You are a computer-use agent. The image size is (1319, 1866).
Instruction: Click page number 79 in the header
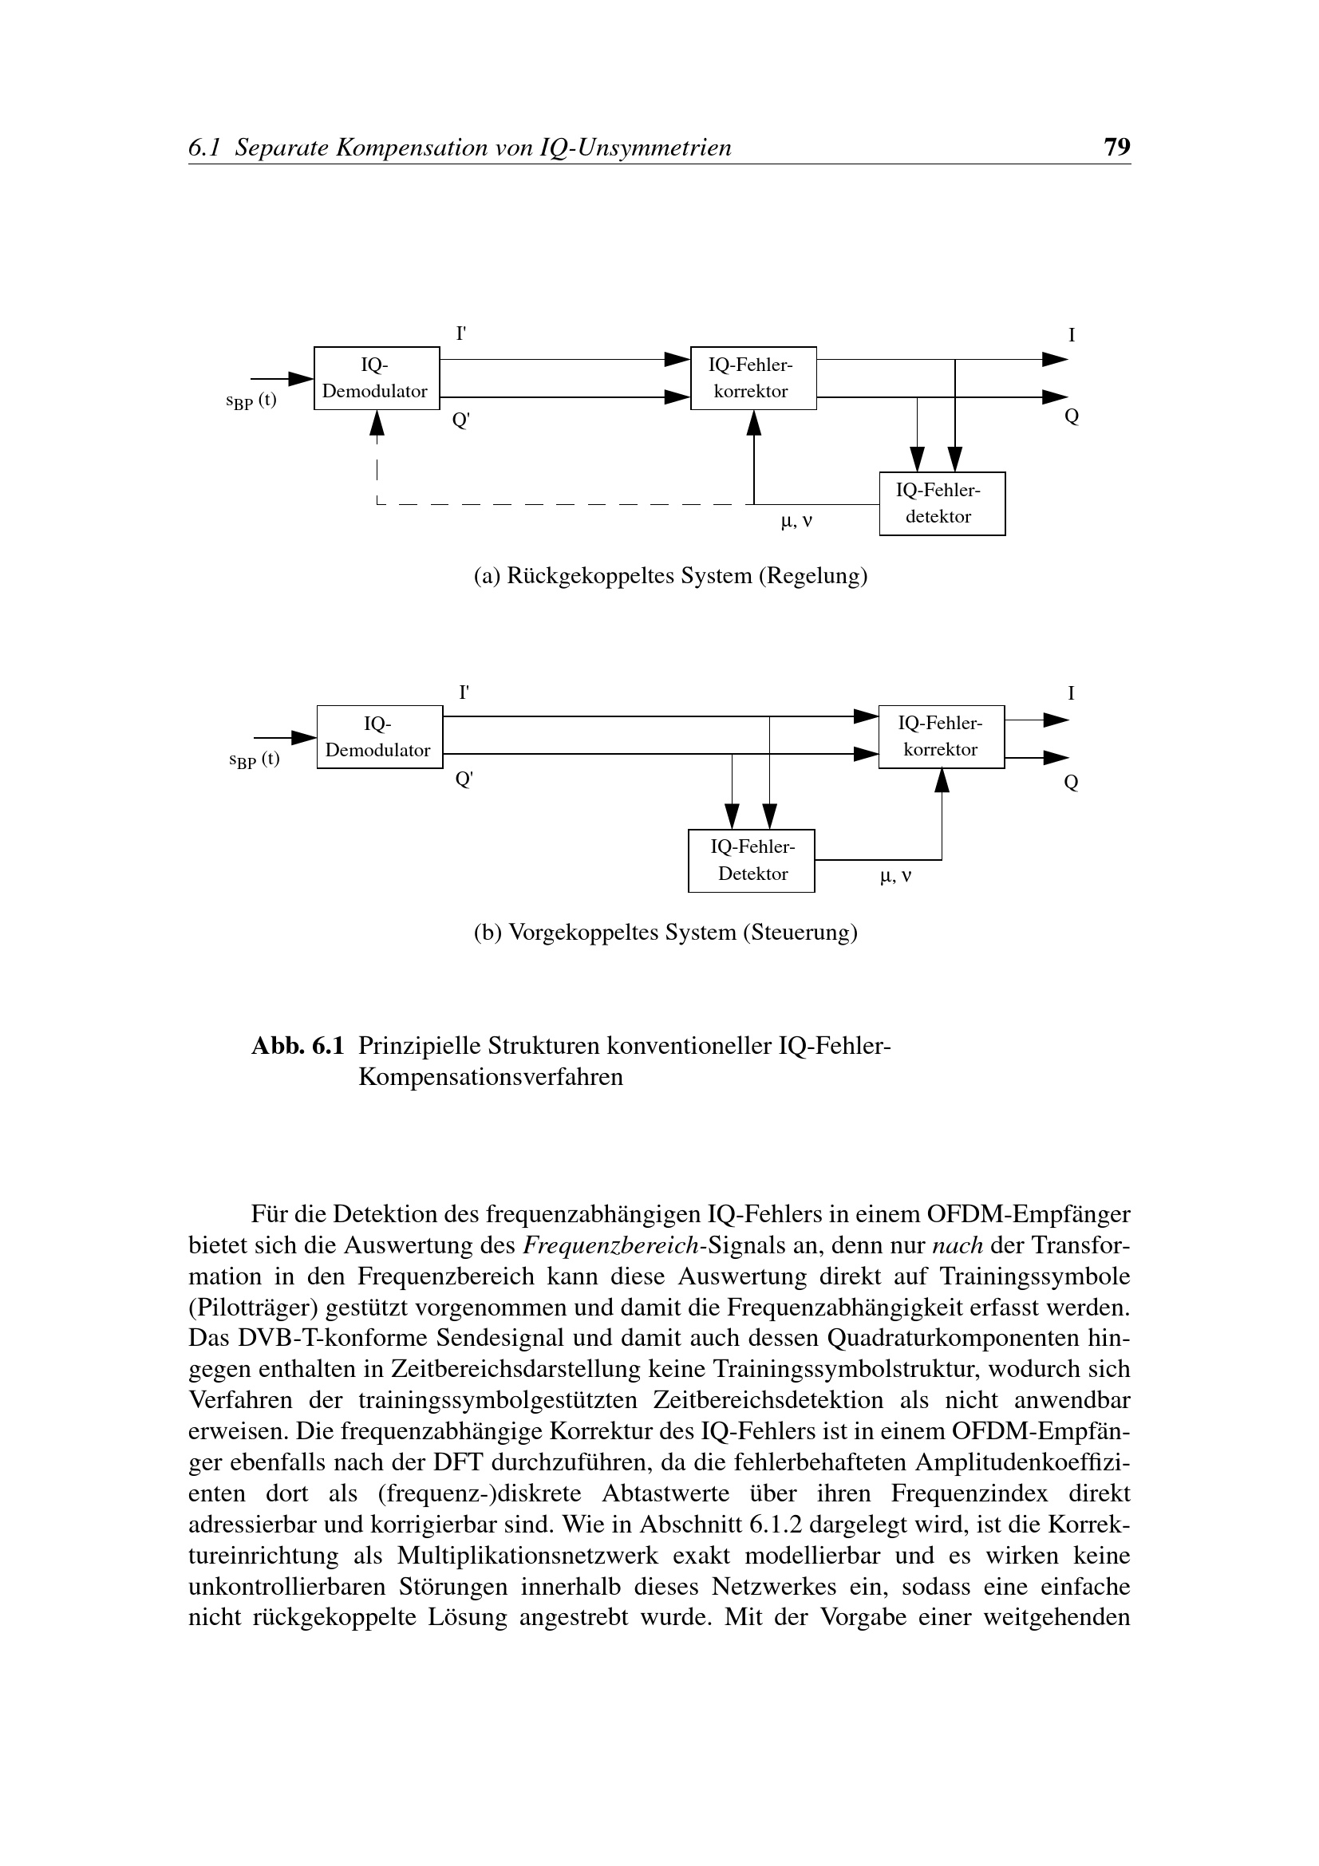click(1116, 147)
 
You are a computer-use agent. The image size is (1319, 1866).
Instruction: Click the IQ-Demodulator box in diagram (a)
click(377, 378)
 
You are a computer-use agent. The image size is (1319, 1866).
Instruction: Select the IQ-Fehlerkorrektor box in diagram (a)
click(752, 378)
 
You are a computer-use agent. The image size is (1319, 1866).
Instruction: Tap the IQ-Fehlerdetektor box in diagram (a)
click(941, 503)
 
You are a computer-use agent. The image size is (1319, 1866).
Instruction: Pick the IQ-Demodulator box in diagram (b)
click(379, 736)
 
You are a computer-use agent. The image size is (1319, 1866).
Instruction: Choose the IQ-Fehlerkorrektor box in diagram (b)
click(941, 736)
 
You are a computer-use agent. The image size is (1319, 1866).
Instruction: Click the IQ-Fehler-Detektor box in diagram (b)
click(751, 860)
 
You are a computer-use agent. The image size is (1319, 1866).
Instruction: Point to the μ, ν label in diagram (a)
click(796, 522)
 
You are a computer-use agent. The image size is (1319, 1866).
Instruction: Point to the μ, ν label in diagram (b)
click(895, 877)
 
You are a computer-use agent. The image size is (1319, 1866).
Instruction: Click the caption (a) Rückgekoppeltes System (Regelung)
click(670, 576)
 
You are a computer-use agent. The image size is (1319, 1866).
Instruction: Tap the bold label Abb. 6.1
click(298, 1045)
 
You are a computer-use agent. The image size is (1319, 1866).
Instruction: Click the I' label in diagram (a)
click(460, 333)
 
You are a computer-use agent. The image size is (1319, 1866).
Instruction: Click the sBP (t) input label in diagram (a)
click(251, 401)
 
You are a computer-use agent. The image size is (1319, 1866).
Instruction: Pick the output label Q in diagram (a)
click(1071, 417)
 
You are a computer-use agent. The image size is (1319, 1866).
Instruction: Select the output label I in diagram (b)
click(1070, 693)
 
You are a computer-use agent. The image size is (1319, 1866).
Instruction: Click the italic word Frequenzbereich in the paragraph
click(612, 1245)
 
